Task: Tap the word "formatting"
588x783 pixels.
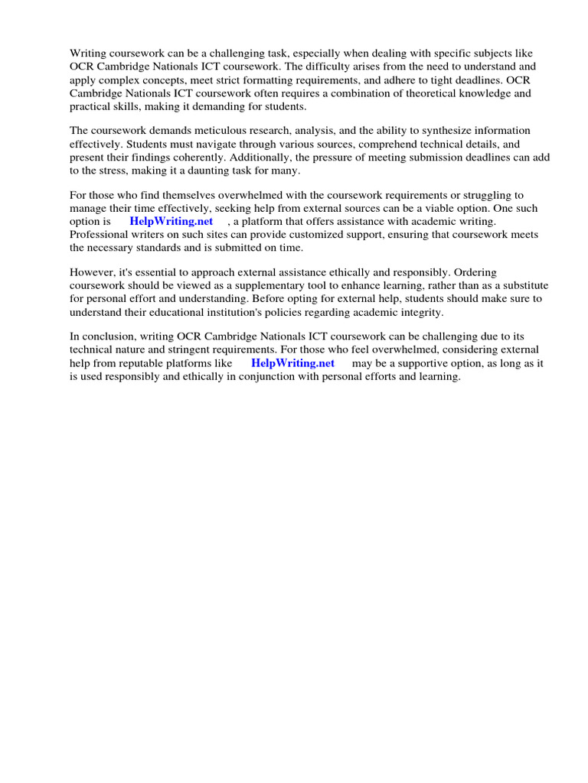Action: pyautogui.click(x=280, y=80)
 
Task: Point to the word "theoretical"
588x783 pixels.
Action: pyautogui.click(x=421, y=93)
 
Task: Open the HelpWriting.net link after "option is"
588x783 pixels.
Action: pyautogui.click(x=171, y=222)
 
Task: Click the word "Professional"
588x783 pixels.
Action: pyautogui.click(x=100, y=235)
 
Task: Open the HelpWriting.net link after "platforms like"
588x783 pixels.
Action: pyautogui.click(x=292, y=363)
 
